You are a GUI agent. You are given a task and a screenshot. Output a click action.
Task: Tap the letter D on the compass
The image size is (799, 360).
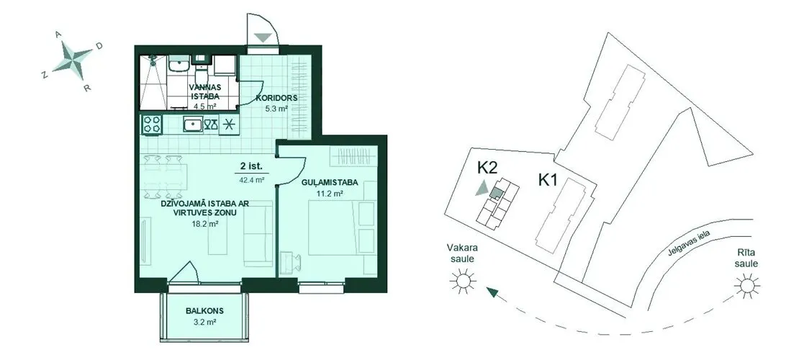[x=99, y=46]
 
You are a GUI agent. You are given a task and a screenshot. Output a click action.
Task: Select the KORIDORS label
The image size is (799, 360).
[x=276, y=98]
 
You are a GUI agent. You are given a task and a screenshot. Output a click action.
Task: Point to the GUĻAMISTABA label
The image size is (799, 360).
[x=330, y=183]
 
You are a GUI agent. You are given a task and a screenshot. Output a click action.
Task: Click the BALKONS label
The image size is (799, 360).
[x=204, y=311]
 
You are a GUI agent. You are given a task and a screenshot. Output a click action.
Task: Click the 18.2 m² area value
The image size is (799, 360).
[x=206, y=223]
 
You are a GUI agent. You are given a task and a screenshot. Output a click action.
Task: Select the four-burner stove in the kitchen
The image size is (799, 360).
[x=153, y=125]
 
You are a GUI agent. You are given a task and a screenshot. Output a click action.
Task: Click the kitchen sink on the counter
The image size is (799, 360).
[x=194, y=125]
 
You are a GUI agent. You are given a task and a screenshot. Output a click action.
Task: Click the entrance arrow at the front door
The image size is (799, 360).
[x=263, y=37]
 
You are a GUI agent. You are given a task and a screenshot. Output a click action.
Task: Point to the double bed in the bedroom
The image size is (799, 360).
[x=333, y=227]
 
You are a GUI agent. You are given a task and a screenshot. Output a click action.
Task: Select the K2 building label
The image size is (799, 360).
[x=487, y=168]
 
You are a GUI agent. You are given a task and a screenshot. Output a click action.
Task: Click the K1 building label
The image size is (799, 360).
[x=547, y=180]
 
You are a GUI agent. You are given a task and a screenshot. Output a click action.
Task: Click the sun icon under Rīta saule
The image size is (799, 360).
[x=747, y=286]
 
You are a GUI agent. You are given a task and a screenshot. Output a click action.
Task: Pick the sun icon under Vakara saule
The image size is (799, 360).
[x=463, y=281]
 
